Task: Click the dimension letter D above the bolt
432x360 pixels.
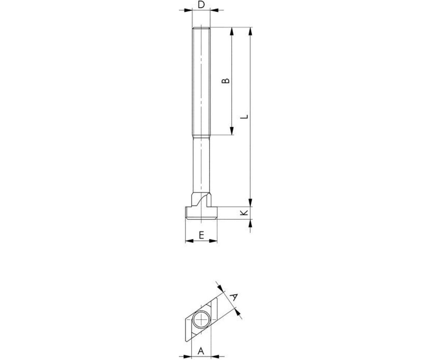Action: pyautogui.click(x=201, y=5)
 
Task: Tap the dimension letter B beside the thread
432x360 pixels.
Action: pyautogui.click(x=225, y=81)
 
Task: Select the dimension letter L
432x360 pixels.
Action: pyautogui.click(x=244, y=117)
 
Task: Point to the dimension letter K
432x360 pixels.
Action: pyautogui.click(x=244, y=213)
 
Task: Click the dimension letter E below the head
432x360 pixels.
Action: pyautogui.click(x=201, y=235)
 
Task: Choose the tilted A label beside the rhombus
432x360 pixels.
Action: pyautogui.click(x=234, y=297)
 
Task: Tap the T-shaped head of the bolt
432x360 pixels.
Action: pyautogui.click(x=201, y=213)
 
